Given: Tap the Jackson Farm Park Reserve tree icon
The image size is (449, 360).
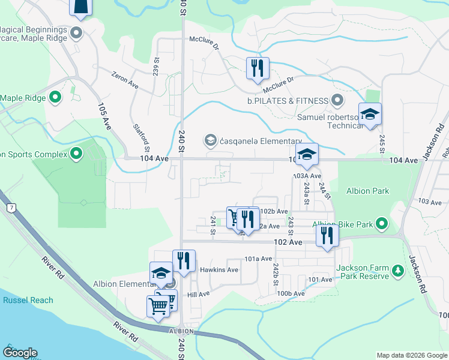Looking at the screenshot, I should pyautogui.click(x=397, y=272).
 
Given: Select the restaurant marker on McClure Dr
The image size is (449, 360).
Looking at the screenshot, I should pyautogui.click(x=258, y=67).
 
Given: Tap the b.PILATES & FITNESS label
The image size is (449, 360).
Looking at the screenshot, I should pyautogui.click(x=288, y=100).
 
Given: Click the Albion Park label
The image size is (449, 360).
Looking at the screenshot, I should pyautogui.click(x=367, y=191).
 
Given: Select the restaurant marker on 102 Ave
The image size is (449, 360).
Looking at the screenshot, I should pyautogui.click(x=327, y=234).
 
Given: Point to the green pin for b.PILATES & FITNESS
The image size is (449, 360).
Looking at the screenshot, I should pyautogui.click(x=337, y=100).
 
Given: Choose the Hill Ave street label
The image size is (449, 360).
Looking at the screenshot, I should pyautogui.click(x=198, y=294).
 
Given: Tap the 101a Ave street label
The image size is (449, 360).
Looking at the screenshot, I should pyautogui.click(x=259, y=259).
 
